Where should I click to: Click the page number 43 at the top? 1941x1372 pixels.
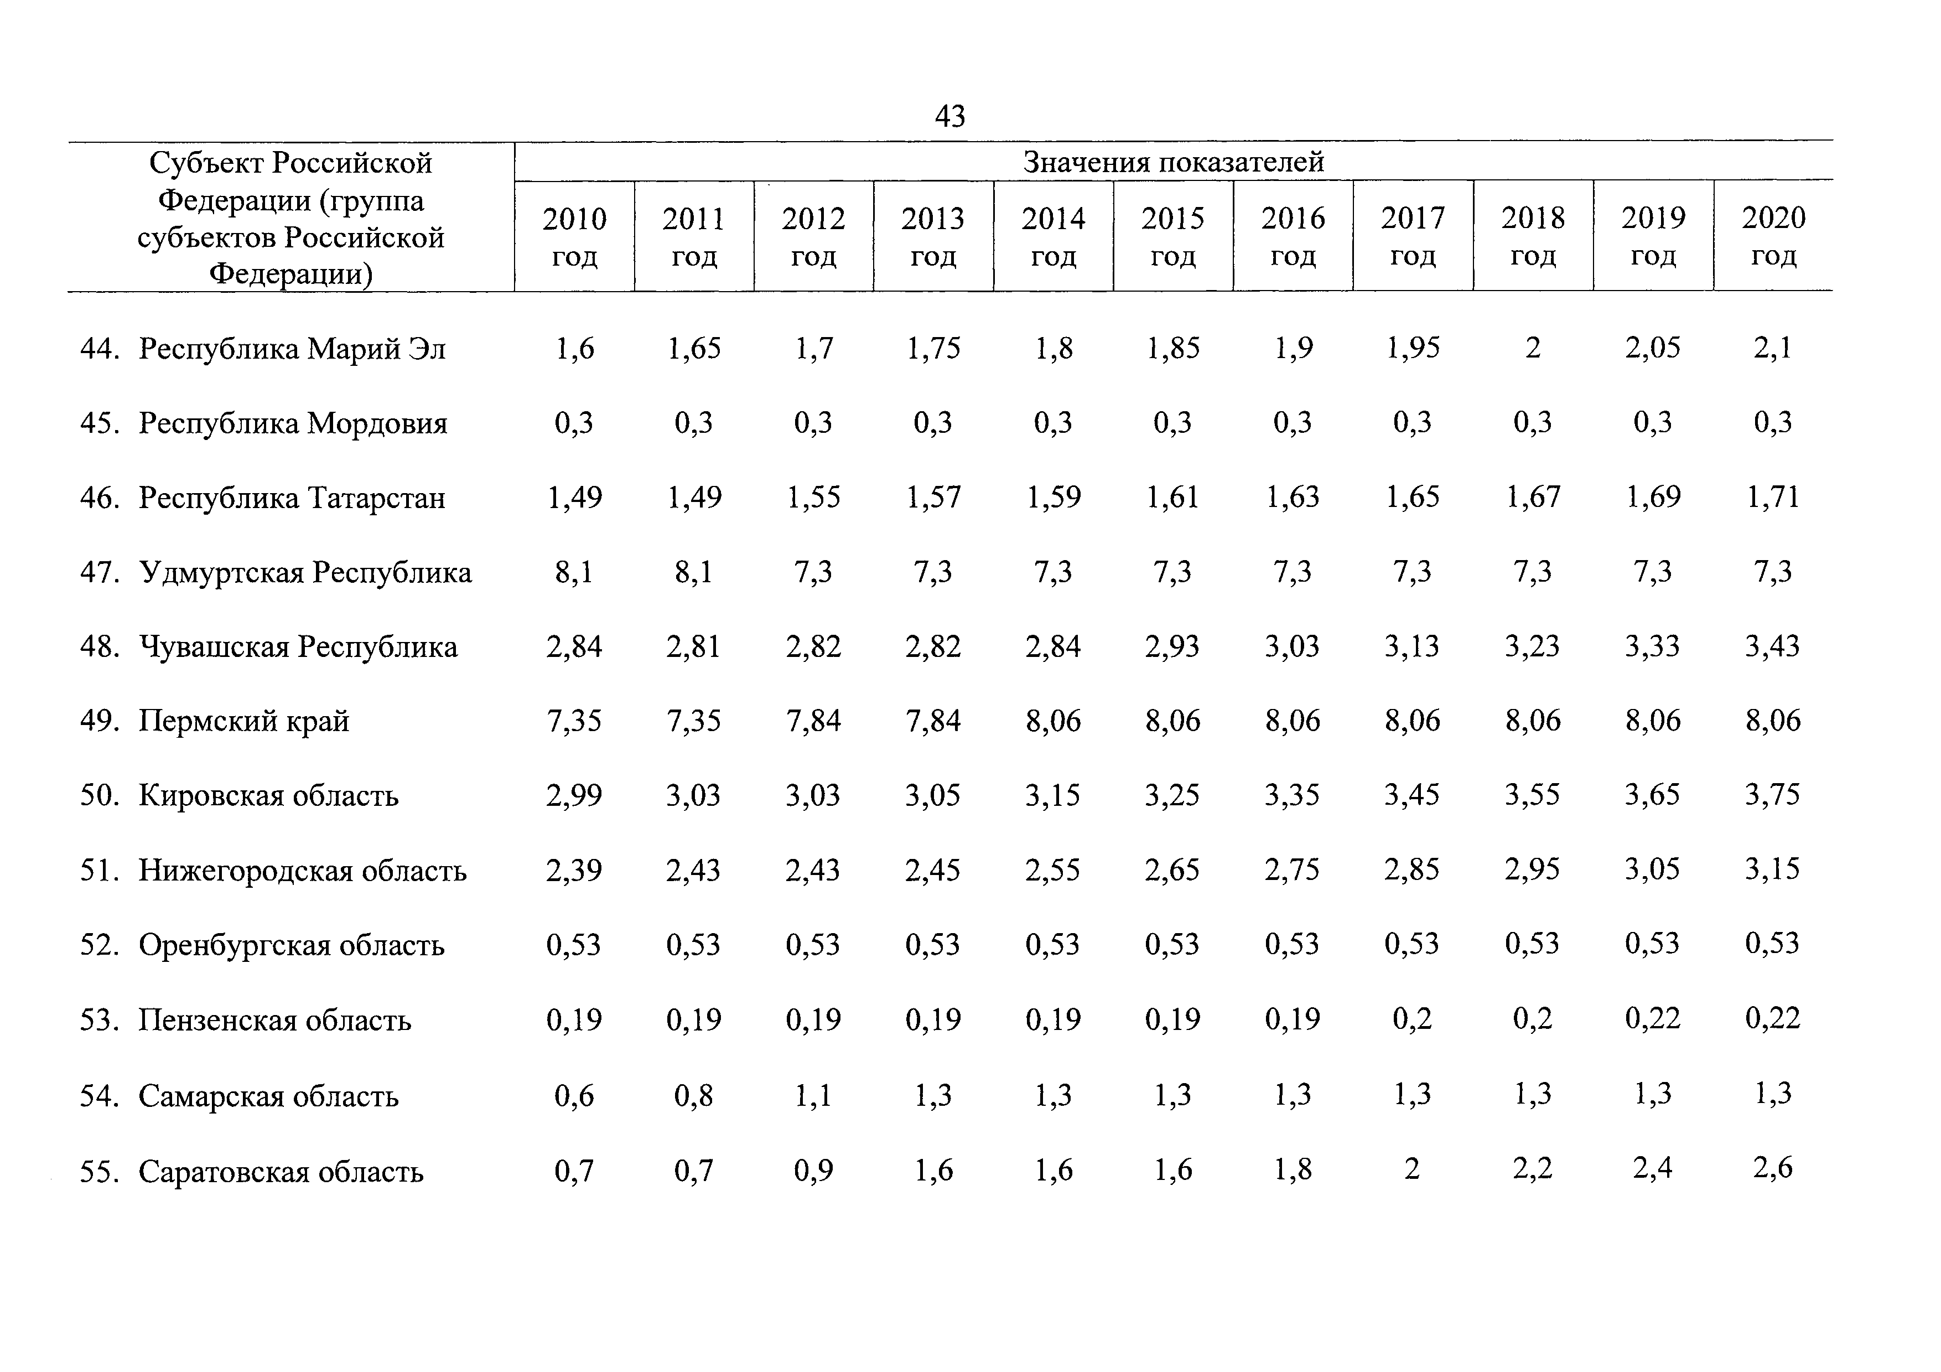949,115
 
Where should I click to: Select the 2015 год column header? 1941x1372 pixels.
1172,237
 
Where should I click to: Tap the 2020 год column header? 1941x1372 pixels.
1773,236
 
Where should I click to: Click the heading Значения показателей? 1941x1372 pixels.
1174,162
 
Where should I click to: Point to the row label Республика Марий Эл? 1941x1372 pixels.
292,348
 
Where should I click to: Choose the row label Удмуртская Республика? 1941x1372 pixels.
305,572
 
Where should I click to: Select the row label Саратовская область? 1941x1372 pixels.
281,1172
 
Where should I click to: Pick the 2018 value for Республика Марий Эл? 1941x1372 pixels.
1533,348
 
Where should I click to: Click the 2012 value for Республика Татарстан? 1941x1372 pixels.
813,497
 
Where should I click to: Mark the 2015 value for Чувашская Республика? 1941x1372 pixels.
1172,646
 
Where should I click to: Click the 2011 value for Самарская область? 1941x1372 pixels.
693,1096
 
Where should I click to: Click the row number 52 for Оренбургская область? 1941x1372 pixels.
99,944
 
